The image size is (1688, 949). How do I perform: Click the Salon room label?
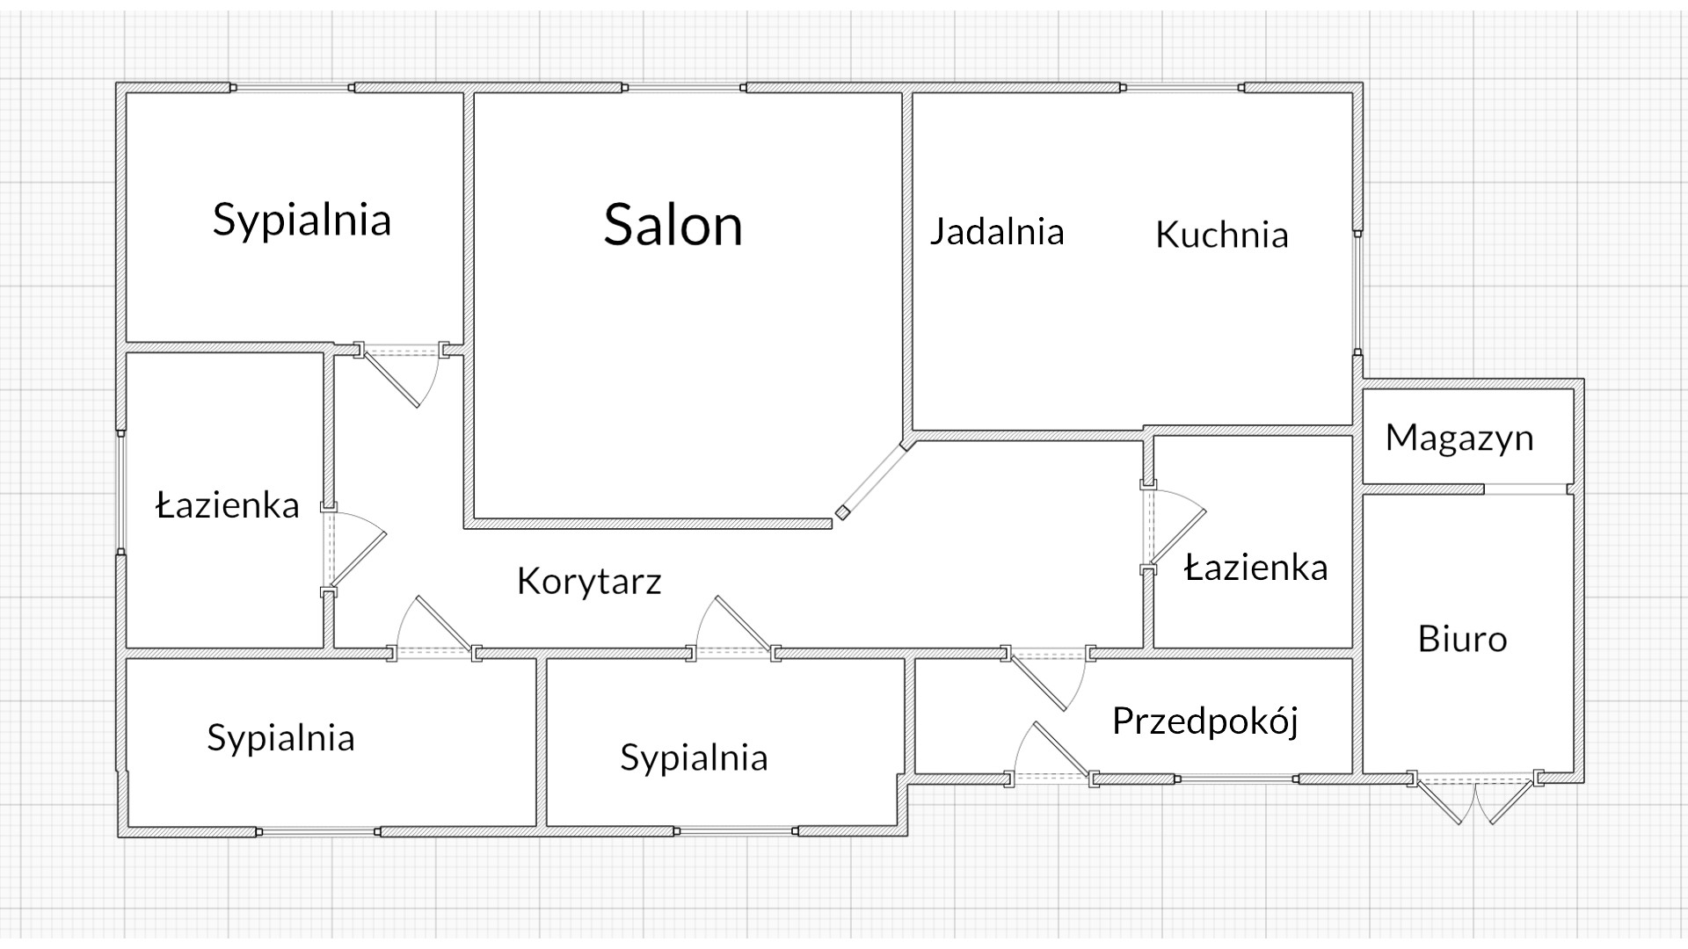[x=673, y=225]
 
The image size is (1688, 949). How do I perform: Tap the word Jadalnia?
[x=997, y=232]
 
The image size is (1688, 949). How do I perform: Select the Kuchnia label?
[x=1221, y=235]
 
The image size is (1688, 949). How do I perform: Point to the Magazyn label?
[x=1459, y=438]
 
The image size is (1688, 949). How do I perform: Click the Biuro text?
[x=1462, y=639]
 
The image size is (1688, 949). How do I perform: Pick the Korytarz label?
[x=589, y=581]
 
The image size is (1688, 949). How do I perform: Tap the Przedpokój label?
[x=1205, y=721]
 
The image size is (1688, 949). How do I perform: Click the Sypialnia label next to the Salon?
[x=302, y=220]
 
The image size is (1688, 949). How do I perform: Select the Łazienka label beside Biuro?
[x=1255, y=569]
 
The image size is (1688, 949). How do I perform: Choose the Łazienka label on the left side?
[x=228, y=505]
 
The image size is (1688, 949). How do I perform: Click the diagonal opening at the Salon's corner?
[x=873, y=480]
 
